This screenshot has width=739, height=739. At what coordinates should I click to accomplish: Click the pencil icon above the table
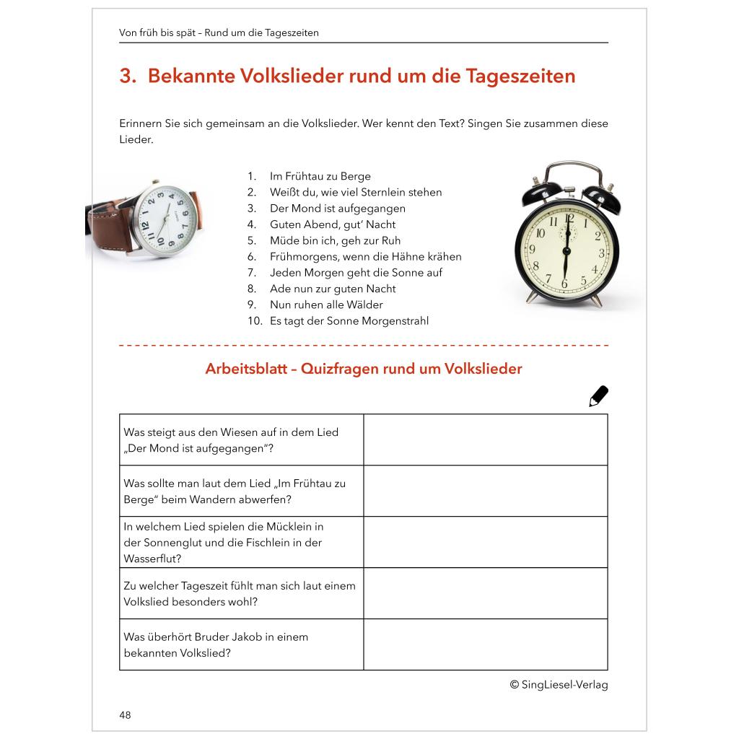point(598,396)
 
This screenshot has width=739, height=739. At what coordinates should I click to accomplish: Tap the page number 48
point(126,715)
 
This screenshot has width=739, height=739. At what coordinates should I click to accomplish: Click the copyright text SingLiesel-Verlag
point(559,685)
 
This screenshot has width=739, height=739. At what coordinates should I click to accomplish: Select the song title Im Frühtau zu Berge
point(320,176)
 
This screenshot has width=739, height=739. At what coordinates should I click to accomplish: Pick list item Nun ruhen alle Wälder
point(326,305)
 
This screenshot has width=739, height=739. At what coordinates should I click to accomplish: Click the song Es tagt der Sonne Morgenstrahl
point(349,320)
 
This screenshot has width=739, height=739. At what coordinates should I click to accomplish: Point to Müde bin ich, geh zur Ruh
point(335,240)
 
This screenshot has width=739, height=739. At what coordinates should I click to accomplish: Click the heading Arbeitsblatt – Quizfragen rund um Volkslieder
point(364,369)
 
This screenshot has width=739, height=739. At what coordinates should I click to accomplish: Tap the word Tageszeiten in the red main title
point(521,76)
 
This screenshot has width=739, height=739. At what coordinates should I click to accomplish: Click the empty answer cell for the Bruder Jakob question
point(485,644)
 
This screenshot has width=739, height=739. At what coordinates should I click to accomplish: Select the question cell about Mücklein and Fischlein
point(241,542)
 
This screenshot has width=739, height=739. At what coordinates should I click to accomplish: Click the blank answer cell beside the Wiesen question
point(485,440)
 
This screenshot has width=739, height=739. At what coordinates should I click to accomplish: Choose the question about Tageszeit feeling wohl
point(241,593)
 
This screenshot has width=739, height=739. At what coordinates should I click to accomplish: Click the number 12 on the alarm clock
point(569,219)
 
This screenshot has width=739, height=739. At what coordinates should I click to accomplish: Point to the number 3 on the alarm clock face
point(602,253)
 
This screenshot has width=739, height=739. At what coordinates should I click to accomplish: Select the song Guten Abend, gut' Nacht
point(333,224)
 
